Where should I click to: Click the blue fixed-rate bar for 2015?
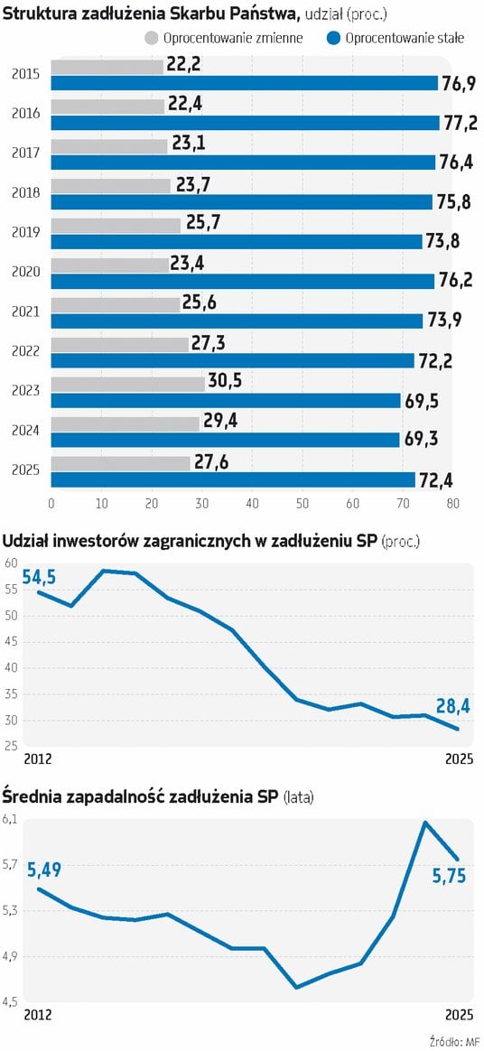244,83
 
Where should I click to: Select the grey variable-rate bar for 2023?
127,384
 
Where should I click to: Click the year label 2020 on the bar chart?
25,273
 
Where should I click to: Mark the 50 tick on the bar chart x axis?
302,503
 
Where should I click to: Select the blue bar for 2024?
225,440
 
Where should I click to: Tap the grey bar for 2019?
116,225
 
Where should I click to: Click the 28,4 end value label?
452,706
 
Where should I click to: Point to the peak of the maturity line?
424,823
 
